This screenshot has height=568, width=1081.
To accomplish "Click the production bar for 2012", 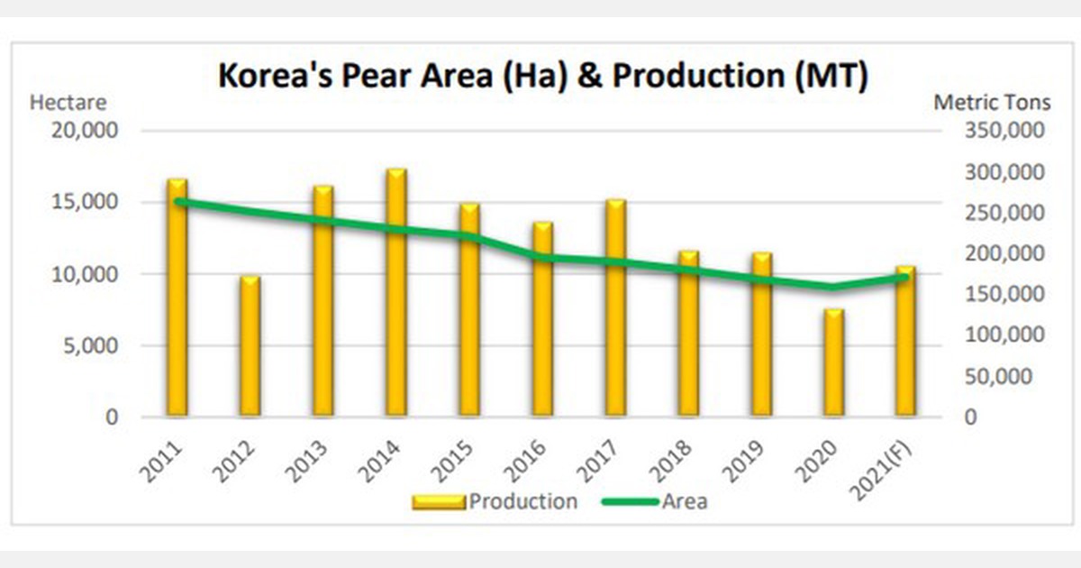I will click(x=250, y=347).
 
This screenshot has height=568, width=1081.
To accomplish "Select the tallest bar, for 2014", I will click(x=396, y=293).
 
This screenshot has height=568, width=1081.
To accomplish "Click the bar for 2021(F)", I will click(x=905, y=343).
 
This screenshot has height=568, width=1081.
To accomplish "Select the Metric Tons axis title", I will click(x=991, y=103).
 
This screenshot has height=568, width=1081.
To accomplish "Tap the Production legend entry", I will click(x=495, y=502).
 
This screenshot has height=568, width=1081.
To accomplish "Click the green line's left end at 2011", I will click(x=178, y=201).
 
